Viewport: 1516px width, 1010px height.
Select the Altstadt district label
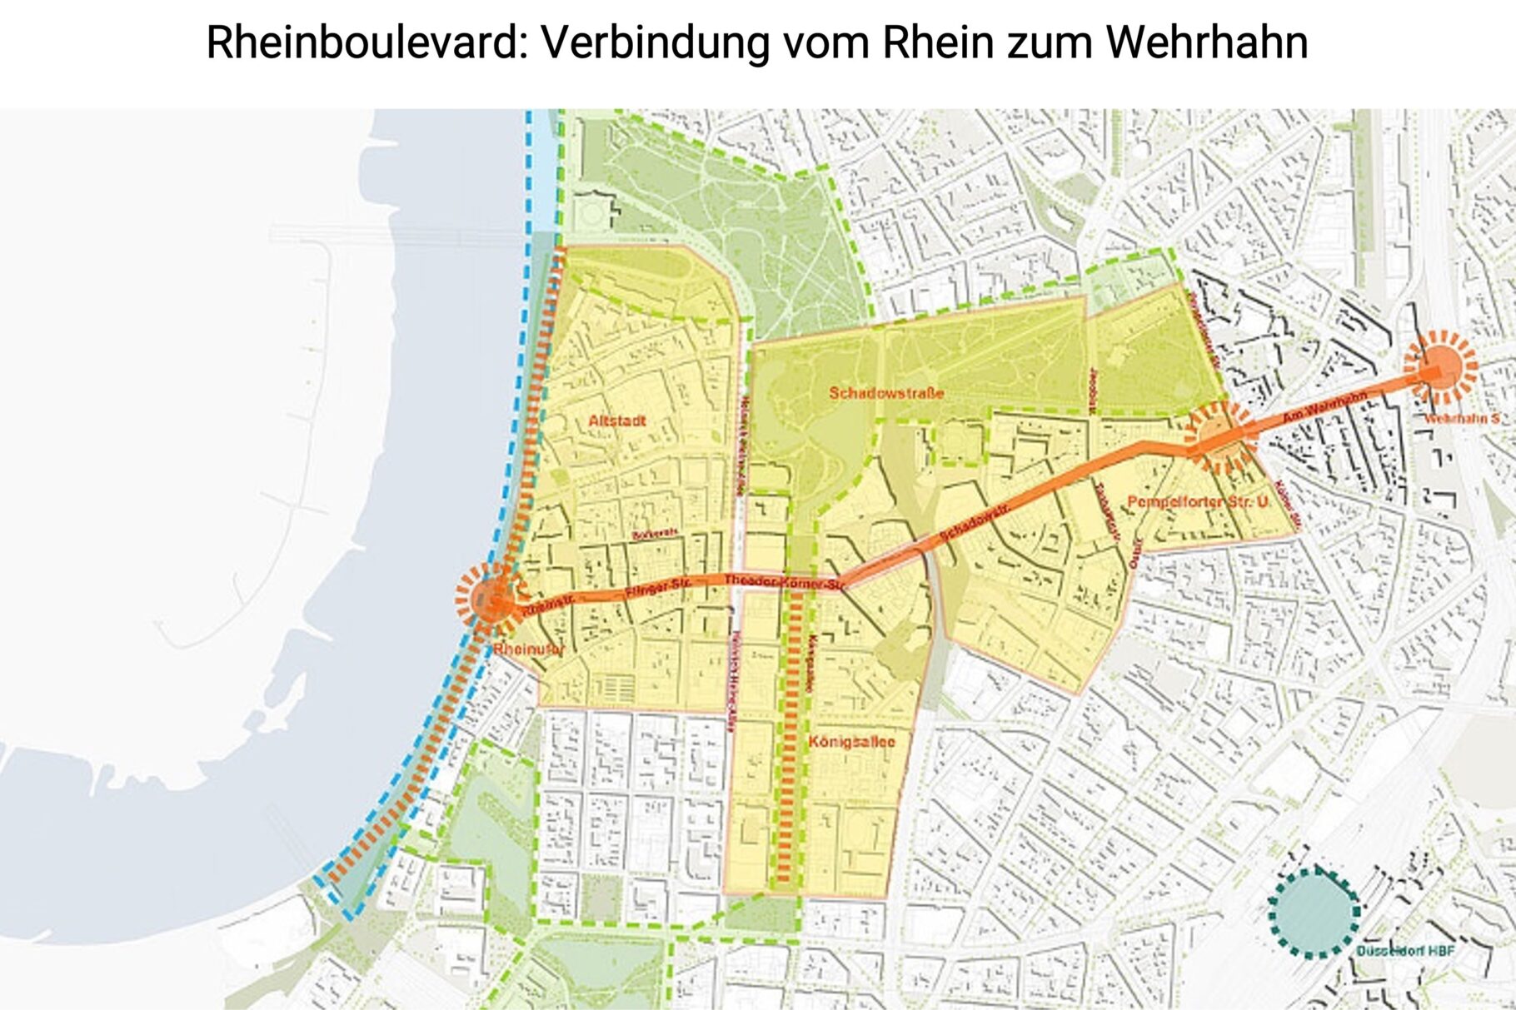pos(616,421)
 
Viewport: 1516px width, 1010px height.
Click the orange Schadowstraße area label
pos(886,393)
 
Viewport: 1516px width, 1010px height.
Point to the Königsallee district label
pos(851,741)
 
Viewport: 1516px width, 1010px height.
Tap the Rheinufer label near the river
pos(528,649)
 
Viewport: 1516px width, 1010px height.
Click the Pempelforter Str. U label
pos(1198,502)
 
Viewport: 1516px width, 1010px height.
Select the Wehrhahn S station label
pos(1461,418)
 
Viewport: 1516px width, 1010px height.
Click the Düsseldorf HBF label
pos(1405,951)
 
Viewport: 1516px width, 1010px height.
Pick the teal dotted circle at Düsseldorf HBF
pos(1314,911)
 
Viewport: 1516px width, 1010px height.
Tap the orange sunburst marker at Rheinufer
pos(489,598)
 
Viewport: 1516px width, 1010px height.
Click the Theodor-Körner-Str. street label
pos(784,583)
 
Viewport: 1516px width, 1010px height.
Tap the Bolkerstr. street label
pos(655,534)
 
